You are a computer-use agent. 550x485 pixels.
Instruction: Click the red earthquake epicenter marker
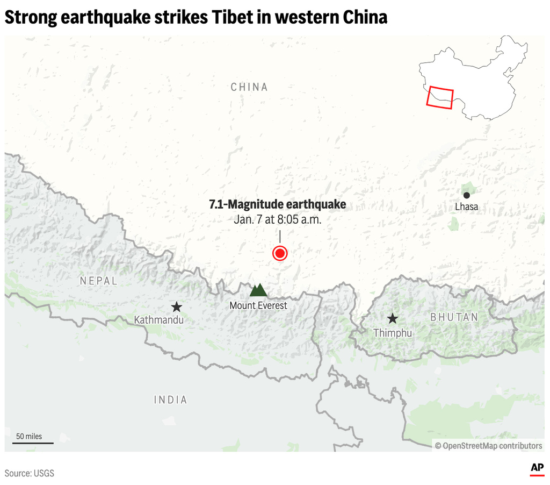point(279,253)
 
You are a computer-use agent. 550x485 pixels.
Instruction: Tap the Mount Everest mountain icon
point(258,290)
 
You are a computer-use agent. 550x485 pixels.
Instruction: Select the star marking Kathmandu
point(176,307)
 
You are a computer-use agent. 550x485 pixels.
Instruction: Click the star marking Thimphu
point(393,318)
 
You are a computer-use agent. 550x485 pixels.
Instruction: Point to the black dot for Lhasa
point(466,195)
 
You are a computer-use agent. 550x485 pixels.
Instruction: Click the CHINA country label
point(249,87)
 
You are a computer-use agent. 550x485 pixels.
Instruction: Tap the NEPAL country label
point(98,281)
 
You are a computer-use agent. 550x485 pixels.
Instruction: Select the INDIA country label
point(171,400)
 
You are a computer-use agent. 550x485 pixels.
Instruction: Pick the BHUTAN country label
point(454,317)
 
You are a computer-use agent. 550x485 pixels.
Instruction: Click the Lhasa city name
point(466,207)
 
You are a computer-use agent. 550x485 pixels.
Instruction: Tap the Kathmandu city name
point(159,320)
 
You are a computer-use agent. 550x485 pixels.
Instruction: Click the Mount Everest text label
point(258,305)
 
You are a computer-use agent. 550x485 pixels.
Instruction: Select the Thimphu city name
point(393,333)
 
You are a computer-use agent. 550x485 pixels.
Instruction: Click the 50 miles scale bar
point(33,443)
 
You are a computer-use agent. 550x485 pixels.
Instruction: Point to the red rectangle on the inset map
point(440,96)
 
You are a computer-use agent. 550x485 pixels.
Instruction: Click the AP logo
point(537,468)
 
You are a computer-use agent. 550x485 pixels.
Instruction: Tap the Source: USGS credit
point(30,473)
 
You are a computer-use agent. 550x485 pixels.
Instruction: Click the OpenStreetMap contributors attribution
point(488,445)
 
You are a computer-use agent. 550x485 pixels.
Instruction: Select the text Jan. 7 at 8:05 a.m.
point(277,219)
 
